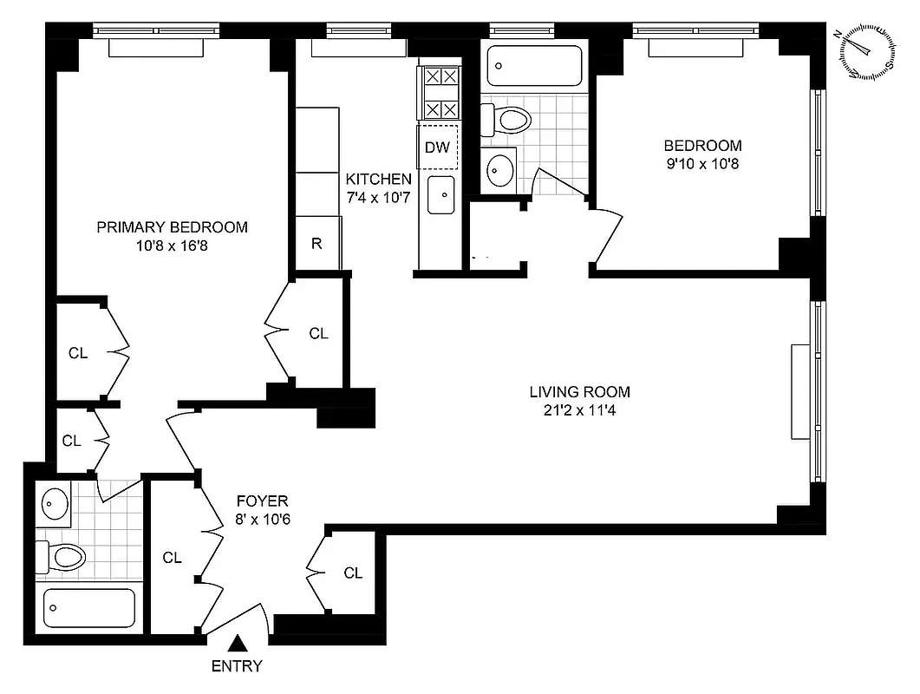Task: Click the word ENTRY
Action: point(237,666)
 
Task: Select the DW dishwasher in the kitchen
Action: point(438,147)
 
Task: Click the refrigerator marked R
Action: point(317,243)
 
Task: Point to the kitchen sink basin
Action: point(440,194)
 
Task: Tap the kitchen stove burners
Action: point(440,93)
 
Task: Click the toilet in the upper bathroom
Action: point(506,119)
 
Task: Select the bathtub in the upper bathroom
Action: point(534,65)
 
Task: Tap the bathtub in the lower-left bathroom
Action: point(89,607)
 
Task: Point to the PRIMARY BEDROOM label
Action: point(172,227)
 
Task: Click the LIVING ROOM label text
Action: point(580,391)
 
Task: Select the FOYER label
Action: point(262,501)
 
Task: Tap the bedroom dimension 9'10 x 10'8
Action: point(702,162)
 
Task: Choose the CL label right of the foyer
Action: point(352,573)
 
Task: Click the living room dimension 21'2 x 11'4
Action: point(580,409)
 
